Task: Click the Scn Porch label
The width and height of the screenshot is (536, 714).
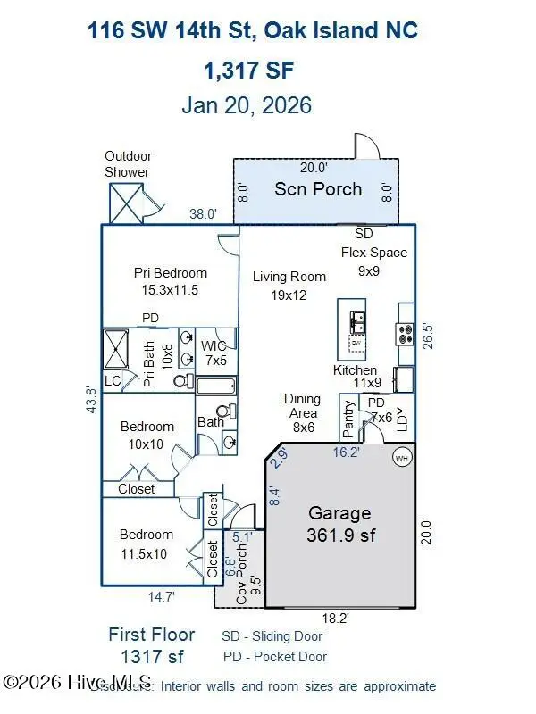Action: pos(318,189)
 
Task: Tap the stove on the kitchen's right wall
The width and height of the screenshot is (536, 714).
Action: pos(404,332)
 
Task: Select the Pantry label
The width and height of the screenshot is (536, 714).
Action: pos(348,419)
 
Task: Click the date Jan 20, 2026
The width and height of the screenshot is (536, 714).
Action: pos(247,105)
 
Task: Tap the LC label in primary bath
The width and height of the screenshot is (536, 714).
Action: pos(113,381)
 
